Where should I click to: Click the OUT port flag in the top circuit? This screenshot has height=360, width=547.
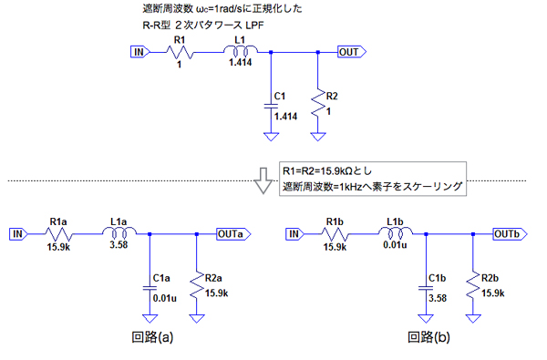coord(352,52)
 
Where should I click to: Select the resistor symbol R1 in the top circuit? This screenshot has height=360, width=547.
coord(180,53)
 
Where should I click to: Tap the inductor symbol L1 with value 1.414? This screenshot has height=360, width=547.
coord(241,51)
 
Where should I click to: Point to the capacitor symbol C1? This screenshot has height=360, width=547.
coord(271,106)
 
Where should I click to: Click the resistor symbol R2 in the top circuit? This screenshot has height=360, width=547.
coord(318,103)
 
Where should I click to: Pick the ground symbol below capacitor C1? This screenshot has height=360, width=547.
coord(271,137)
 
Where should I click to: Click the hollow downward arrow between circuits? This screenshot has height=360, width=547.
coord(263,180)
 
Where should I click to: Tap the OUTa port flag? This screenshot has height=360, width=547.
coord(233,234)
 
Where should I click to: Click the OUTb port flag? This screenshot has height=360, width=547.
coord(510,234)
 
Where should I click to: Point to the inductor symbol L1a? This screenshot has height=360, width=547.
coord(119,232)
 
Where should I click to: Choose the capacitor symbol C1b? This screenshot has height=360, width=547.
coord(426,288)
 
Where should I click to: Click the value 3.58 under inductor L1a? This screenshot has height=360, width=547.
coord(119,244)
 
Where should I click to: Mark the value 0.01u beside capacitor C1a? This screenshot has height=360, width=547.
coord(165,298)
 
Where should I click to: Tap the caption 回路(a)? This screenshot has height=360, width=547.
coord(152,336)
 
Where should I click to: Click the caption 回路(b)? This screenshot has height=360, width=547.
coord(428,336)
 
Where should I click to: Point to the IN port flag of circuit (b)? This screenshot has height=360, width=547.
coord(294,234)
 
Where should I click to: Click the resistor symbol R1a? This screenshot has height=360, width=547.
coord(58,235)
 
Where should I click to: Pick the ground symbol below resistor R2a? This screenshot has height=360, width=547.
coord(197,318)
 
